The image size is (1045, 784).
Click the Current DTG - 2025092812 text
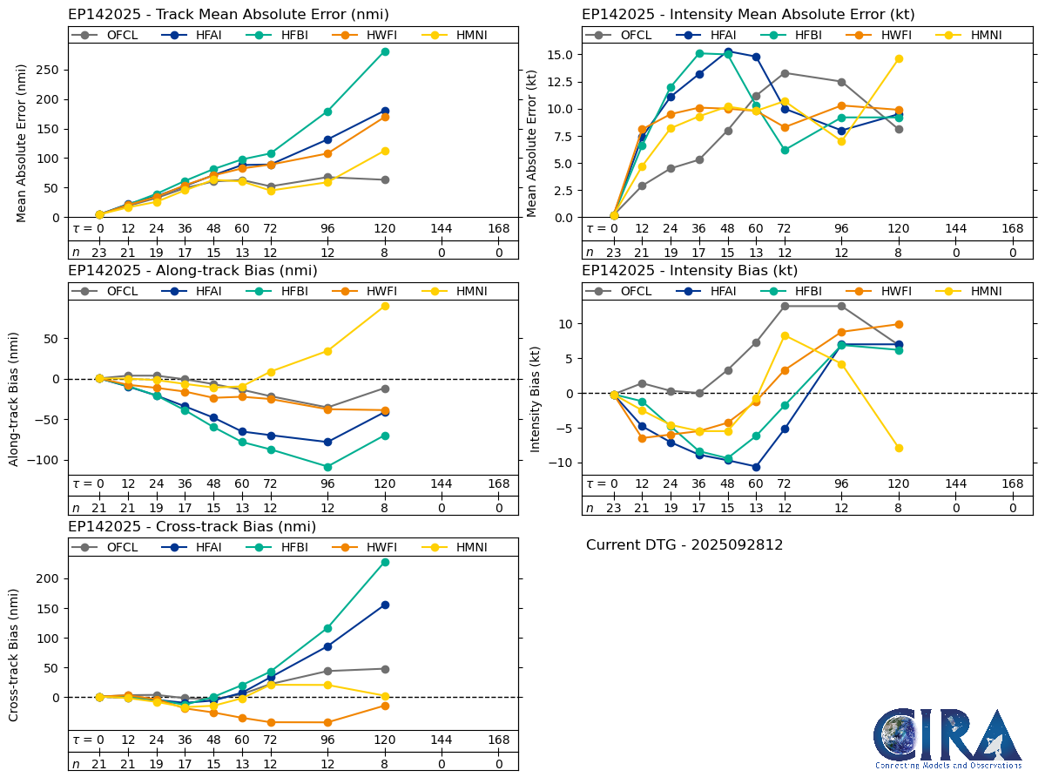pyautogui.click(x=684, y=545)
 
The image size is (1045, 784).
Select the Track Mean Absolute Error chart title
pyautogui.click(x=228, y=15)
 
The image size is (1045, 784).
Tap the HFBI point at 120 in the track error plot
pyautogui.click(x=385, y=51)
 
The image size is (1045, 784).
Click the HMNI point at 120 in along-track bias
pyautogui.click(x=385, y=306)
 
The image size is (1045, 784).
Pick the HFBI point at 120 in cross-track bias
pyautogui.click(x=385, y=562)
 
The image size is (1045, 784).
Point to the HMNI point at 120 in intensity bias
pyautogui.click(x=899, y=448)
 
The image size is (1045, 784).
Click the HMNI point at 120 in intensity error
pyautogui.click(x=899, y=58)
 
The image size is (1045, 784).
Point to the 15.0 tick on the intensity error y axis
pyautogui.click(x=558, y=54)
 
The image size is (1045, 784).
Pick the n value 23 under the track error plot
pyautogui.click(x=99, y=252)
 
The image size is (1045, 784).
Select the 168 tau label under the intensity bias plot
pyautogui.click(x=1012, y=483)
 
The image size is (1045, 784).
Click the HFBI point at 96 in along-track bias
pyautogui.click(x=327, y=467)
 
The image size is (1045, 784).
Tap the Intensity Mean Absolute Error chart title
pyautogui.click(x=748, y=15)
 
